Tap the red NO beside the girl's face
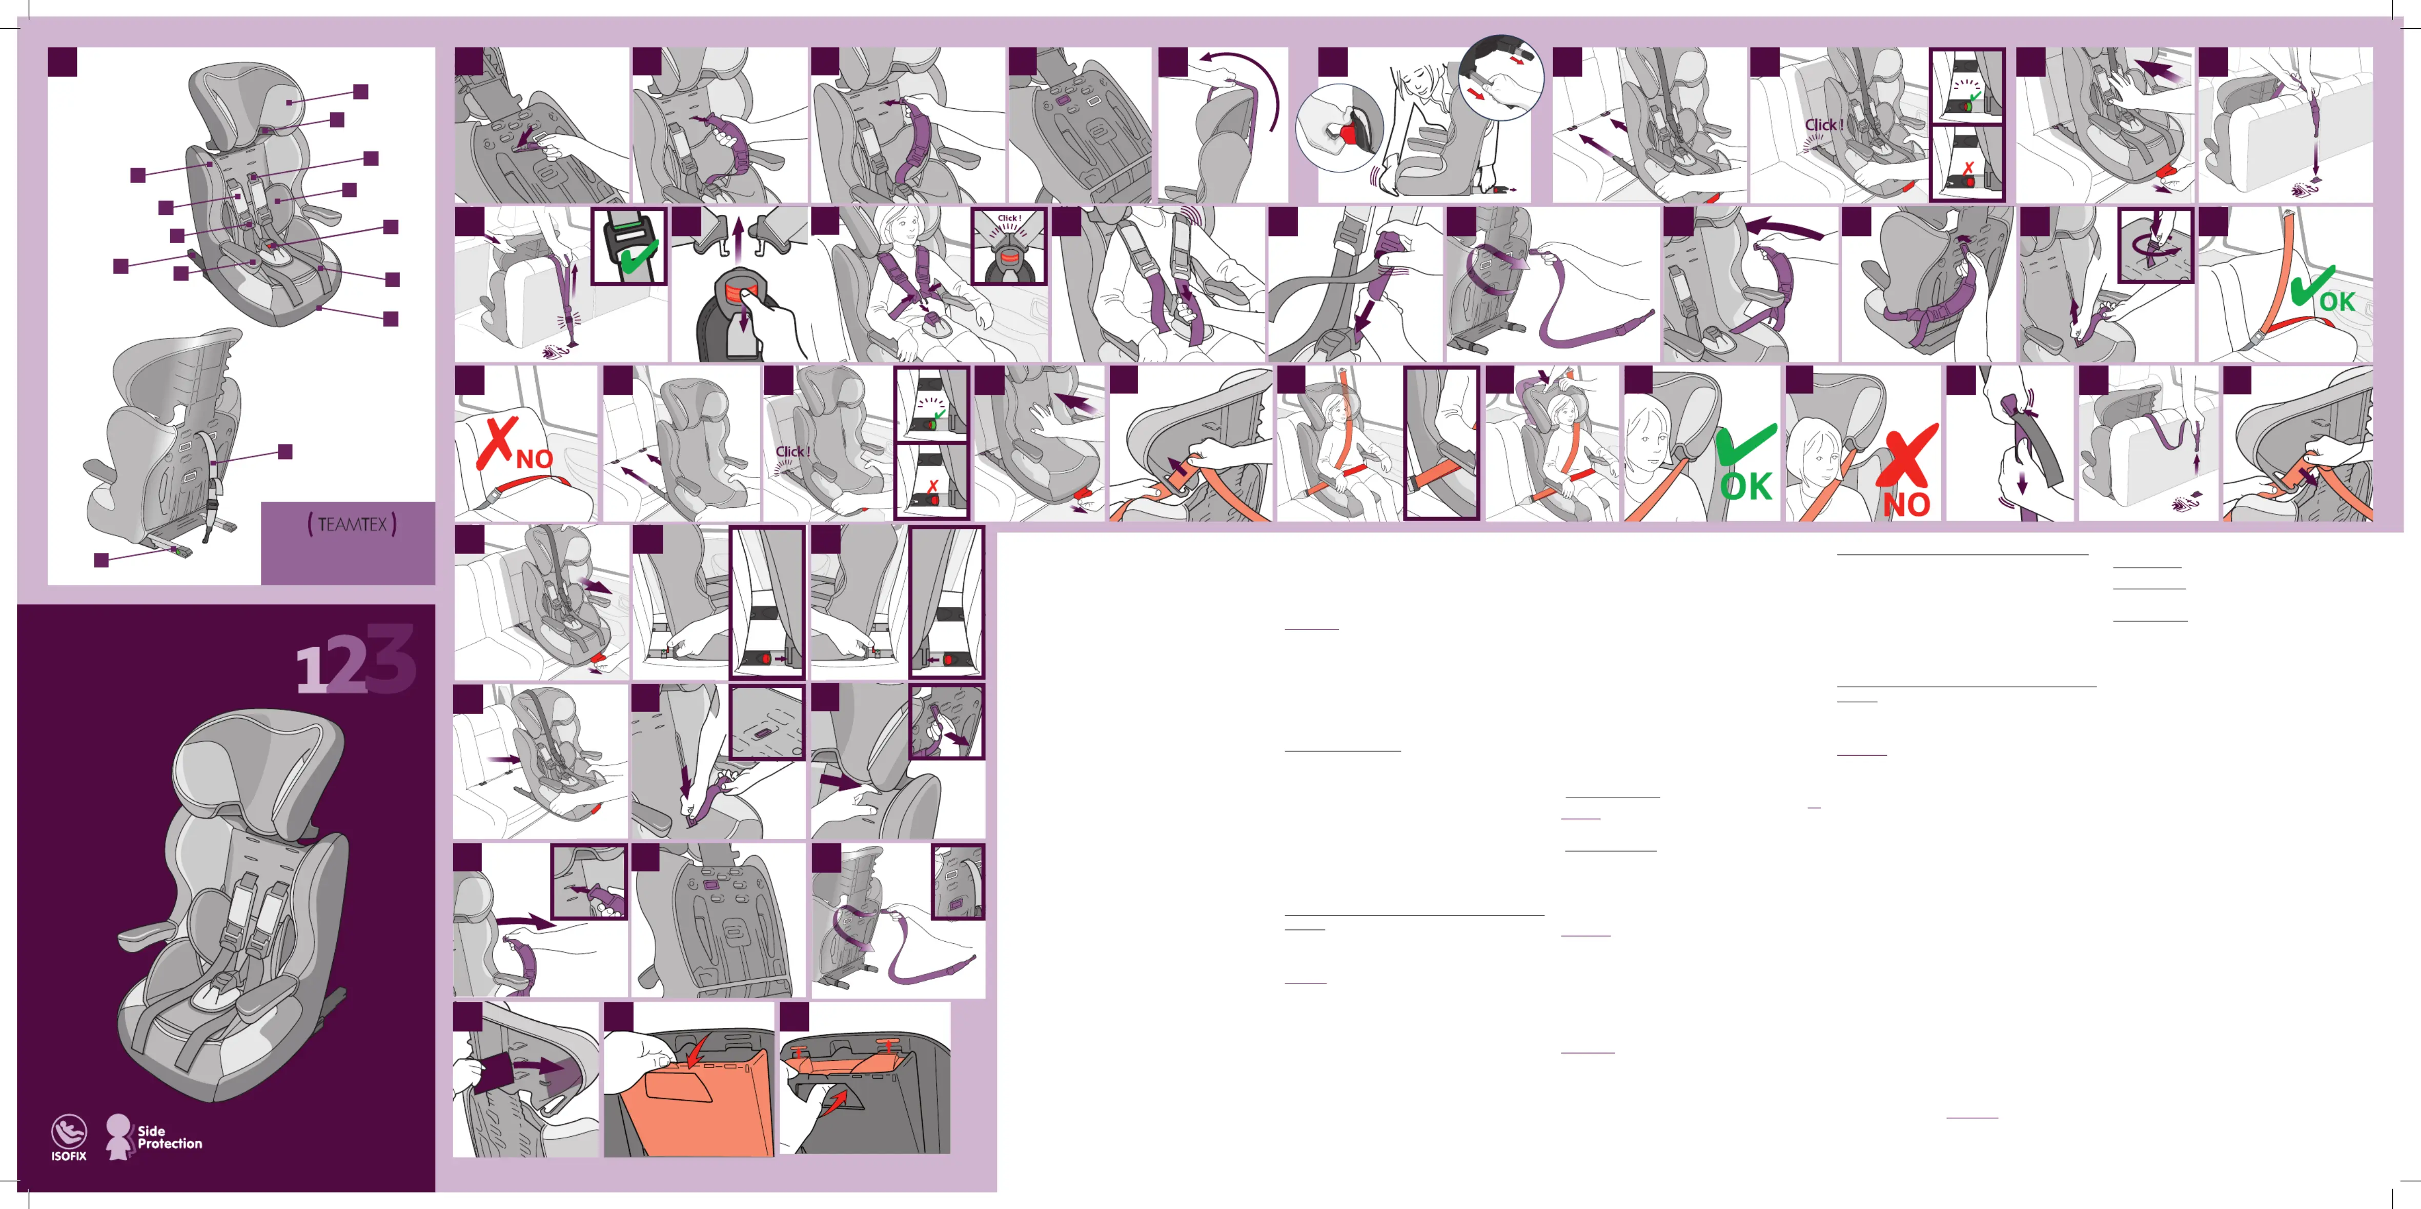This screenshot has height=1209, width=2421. pos(1906,505)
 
